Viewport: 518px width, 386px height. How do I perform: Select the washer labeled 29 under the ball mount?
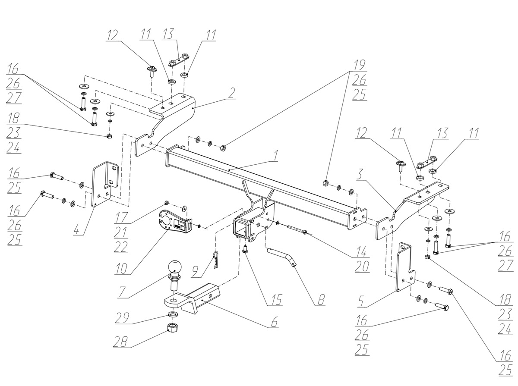pos(173,314)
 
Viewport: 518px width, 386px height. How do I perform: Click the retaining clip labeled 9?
pos(216,259)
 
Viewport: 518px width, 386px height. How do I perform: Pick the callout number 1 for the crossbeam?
pos(275,155)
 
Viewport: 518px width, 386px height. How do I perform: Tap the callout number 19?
pos(359,65)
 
